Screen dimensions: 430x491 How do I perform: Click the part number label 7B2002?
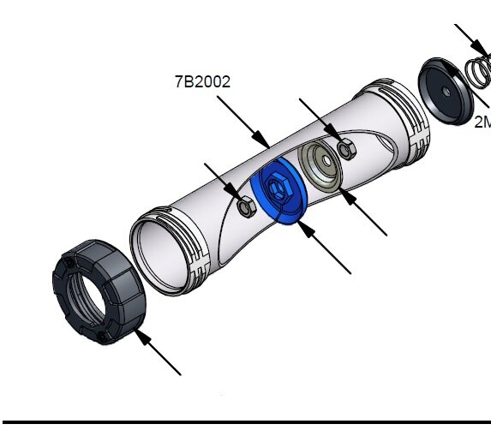pos(202,82)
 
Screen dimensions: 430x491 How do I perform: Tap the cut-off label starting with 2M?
pos(482,122)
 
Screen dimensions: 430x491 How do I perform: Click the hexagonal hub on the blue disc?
pos(277,185)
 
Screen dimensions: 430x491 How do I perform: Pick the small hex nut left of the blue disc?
pos(244,206)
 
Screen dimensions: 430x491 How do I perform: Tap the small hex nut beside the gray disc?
pos(347,149)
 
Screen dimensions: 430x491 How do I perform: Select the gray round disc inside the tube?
pos(320,164)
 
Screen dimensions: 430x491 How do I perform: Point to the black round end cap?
pos(449,89)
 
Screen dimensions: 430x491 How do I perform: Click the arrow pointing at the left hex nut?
pos(220,177)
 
